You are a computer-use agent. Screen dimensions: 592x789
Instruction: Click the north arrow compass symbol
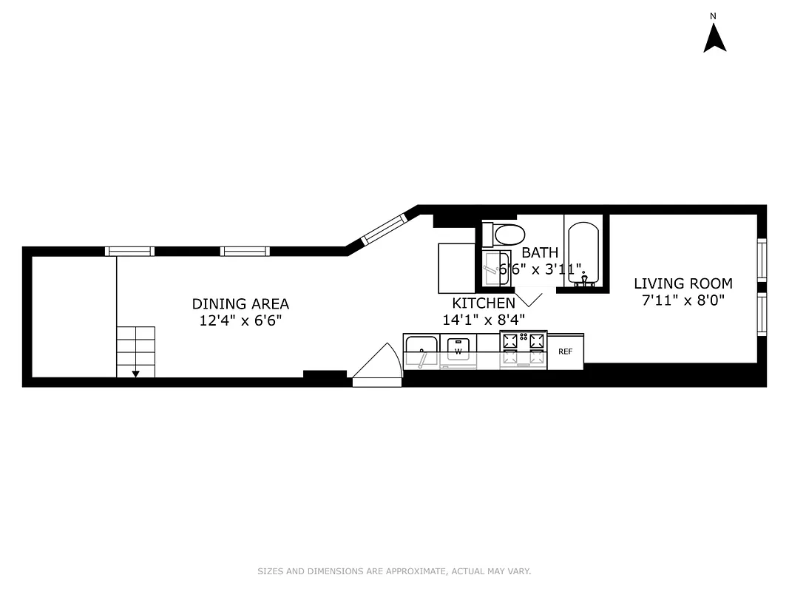pos(714,38)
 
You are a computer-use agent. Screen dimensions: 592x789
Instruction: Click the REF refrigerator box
pos(565,351)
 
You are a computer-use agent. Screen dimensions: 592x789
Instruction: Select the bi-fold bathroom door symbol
pos(529,299)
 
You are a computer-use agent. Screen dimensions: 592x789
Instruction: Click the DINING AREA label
pos(240,303)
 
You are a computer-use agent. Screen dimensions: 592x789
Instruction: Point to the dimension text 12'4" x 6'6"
pos(240,320)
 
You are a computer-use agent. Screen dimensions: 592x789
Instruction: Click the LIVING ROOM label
pos(683,283)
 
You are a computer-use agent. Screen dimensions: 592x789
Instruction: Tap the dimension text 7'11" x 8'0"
pos(683,300)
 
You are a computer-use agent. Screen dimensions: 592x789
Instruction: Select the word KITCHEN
pos(484,303)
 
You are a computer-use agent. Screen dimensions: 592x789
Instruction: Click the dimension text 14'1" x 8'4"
pos(484,320)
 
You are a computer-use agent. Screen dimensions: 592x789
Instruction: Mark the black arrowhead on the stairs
pos(135,374)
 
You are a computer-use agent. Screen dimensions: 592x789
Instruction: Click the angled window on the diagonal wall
pos(385,229)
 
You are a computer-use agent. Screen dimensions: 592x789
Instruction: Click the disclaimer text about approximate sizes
pos(394,571)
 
